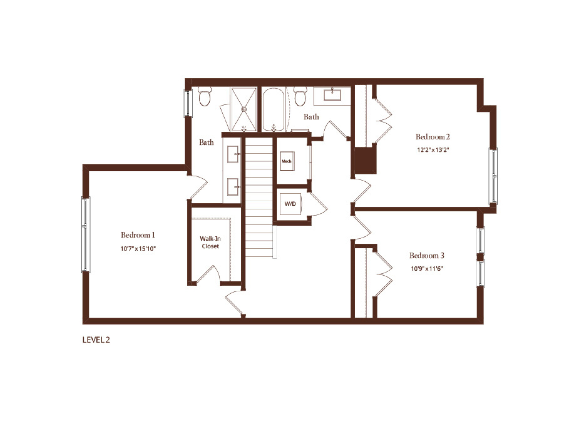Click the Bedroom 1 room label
pyautogui.click(x=138, y=235)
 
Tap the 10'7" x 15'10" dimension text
pyautogui.click(x=138, y=248)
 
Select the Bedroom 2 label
pyautogui.click(x=433, y=137)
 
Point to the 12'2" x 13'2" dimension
pyautogui.click(x=433, y=150)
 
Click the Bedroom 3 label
pyautogui.click(x=427, y=255)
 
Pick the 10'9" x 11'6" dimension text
pyautogui.click(x=427, y=268)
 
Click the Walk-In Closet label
pyautogui.click(x=210, y=242)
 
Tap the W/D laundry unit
pyautogui.click(x=290, y=204)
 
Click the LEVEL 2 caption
pyautogui.click(x=96, y=340)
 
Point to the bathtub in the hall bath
pyautogui.click(x=273, y=109)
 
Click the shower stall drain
pyautogui.click(x=244, y=110)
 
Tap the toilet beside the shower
pyautogui.click(x=205, y=96)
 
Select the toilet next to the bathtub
pyautogui.click(x=300, y=96)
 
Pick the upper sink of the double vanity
pyautogui.click(x=233, y=154)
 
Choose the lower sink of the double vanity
pyautogui.click(x=233, y=187)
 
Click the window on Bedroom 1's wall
pyautogui.click(x=86, y=235)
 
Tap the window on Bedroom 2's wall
pyautogui.click(x=493, y=176)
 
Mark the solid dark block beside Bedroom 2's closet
pyautogui.click(x=365, y=161)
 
